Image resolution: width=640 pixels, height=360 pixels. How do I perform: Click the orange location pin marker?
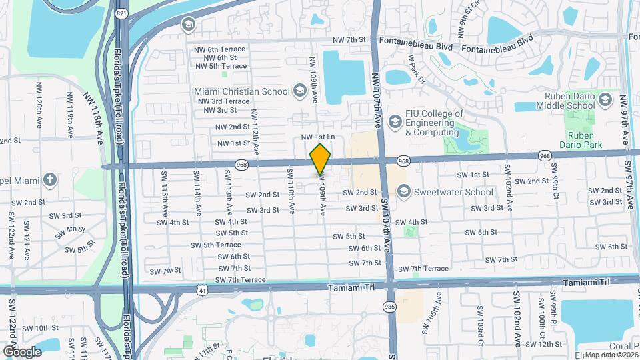pos(321,159)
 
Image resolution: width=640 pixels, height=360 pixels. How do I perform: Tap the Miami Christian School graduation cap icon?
pos(299,91)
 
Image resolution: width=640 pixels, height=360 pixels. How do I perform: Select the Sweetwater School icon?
pos(403,192)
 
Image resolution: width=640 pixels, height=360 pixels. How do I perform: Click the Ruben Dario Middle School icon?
pos(605,100)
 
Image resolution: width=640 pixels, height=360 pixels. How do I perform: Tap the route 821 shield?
pos(121,13)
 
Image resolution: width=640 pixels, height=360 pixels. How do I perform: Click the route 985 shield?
pos(389,307)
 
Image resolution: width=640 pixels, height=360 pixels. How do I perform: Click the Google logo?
pos(23,351)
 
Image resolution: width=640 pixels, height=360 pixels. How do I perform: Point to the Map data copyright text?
pos(611,355)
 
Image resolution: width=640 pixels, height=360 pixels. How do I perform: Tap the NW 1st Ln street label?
pos(317,137)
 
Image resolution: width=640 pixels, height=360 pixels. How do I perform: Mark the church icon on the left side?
pos(50,180)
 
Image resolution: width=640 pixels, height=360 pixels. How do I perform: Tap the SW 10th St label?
pos(47,328)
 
